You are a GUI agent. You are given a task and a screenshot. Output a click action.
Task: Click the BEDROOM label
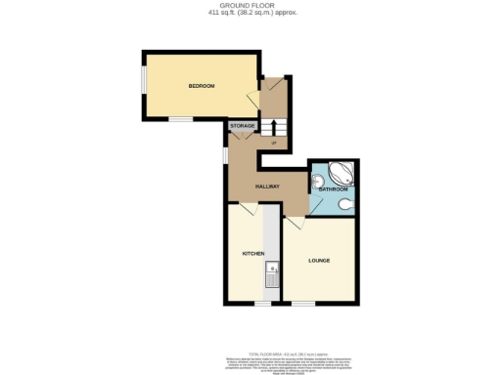tap(202, 86)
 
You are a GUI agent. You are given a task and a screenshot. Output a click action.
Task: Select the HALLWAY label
tap(268, 186)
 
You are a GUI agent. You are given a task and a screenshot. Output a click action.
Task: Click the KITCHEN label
tap(254, 253)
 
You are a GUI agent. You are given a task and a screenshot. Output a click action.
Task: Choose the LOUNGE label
tap(318, 261)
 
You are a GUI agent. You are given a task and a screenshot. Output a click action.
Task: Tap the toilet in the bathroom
tap(349, 205)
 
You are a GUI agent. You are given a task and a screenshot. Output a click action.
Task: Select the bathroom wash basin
tap(317, 184)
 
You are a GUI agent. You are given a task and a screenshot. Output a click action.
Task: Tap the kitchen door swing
tap(243, 210)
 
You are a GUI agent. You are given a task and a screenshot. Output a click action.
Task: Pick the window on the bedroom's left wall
tap(144, 85)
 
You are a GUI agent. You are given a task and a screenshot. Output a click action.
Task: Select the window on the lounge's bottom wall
tap(303, 303)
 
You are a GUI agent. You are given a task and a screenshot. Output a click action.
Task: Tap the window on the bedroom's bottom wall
tap(180, 119)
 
